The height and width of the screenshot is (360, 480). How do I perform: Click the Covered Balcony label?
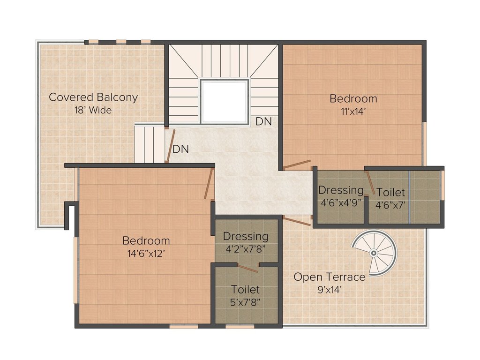[x=93, y=97]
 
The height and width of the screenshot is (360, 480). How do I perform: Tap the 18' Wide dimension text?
[x=93, y=111]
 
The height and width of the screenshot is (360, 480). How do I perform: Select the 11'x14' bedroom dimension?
[x=353, y=112]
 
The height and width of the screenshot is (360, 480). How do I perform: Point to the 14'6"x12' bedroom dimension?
[x=146, y=254]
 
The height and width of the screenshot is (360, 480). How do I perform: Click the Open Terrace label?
[x=329, y=277]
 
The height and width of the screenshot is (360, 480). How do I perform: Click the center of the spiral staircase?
[x=374, y=253]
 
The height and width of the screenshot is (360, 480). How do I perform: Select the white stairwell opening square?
[x=224, y=102]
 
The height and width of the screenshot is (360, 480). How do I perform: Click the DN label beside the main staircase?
[x=263, y=121]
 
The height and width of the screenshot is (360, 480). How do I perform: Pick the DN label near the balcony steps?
[x=180, y=150]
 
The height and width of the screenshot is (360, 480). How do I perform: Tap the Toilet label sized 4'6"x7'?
[x=390, y=192]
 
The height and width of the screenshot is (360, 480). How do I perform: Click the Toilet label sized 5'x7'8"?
[x=245, y=290]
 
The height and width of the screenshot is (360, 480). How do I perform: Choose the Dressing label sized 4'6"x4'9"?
[x=341, y=190]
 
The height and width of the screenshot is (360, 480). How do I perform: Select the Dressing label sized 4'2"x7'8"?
[x=245, y=236]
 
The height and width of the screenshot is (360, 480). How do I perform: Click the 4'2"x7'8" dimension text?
[x=245, y=249]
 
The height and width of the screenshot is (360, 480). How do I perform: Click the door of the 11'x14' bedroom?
[x=297, y=165]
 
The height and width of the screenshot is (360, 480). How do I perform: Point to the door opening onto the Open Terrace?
[x=297, y=221]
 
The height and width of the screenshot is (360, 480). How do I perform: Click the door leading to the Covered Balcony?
[x=171, y=146]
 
